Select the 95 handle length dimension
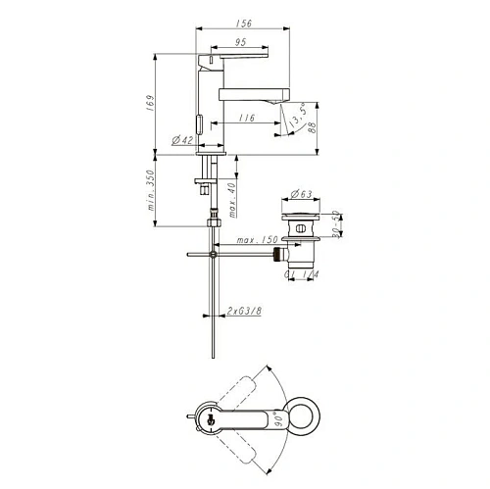click(x=239, y=41)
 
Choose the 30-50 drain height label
click(x=334, y=226)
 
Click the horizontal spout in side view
click(x=251, y=93)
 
